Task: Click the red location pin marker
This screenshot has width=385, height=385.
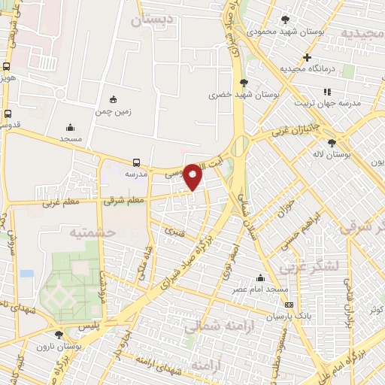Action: click(193, 176)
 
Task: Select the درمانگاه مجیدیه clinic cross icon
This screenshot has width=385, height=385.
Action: click(307, 57)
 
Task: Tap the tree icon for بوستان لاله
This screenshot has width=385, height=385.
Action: click(332, 142)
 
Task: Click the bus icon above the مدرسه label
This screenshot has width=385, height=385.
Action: click(136, 162)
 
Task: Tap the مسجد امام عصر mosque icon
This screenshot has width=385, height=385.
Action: click(261, 277)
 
